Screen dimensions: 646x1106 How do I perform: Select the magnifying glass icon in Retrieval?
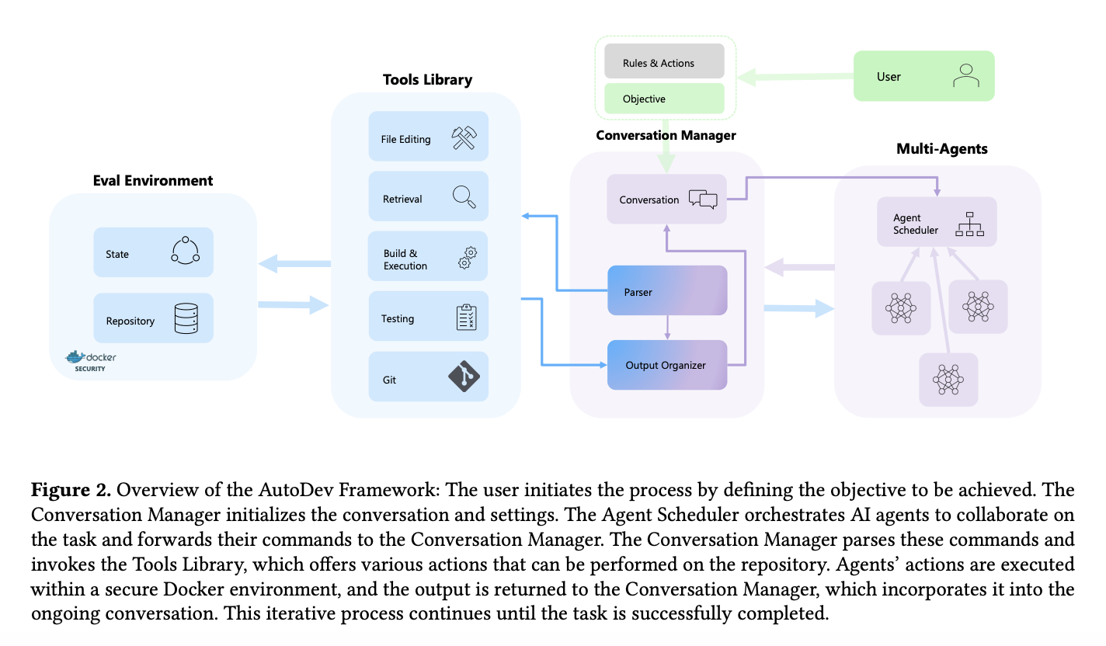pyautogui.click(x=464, y=197)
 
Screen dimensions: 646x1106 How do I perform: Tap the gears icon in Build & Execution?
pyautogui.click(x=467, y=257)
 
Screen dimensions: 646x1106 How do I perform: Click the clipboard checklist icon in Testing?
pyautogui.click(x=466, y=317)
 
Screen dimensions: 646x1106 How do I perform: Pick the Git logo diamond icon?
pyautogui.click(x=464, y=377)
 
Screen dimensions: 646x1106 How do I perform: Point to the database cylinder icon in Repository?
pyautogui.click(x=186, y=318)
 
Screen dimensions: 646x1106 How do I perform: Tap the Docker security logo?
pyautogui.click(x=86, y=361)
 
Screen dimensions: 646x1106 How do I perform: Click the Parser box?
pyautogui.click(x=666, y=291)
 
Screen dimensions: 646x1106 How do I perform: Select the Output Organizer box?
pyautogui.click(x=666, y=364)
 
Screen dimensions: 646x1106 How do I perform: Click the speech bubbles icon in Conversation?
pyautogui.click(x=702, y=200)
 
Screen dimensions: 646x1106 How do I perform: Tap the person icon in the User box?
pyautogui.click(x=965, y=75)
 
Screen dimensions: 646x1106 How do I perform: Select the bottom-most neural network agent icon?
pyautogui.click(x=948, y=380)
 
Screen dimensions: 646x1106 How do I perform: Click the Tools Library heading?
pyautogui.click(x=427, y=79)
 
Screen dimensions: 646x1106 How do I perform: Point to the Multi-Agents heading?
pyautogui.click(x=941, y=148)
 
